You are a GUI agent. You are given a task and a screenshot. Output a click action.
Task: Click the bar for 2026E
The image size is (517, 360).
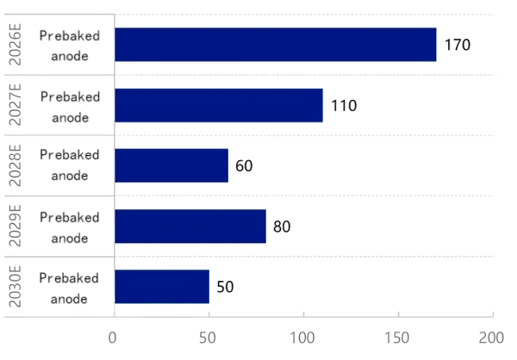(275, 45)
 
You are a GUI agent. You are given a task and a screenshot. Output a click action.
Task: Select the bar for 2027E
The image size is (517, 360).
(218, 105)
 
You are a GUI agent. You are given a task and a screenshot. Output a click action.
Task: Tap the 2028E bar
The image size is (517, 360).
(171, 165)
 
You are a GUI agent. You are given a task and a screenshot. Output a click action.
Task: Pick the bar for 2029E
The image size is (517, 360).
(190, 226)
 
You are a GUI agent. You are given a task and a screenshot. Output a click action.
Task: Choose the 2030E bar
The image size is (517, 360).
(161, 286)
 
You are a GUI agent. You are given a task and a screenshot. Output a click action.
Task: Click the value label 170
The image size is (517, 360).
(457, 45)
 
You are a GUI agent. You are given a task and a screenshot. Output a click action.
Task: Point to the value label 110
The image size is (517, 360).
(343, 106)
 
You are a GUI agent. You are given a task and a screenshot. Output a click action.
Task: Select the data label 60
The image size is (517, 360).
(243, 166)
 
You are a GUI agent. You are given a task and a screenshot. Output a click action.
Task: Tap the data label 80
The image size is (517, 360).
(281, 227)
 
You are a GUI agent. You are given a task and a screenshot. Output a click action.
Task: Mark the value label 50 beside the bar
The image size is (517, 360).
(225, 287)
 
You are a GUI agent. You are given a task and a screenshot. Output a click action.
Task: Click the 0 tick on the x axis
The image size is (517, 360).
(113, 337)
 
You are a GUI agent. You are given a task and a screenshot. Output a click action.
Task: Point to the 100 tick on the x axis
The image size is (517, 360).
(303, 337)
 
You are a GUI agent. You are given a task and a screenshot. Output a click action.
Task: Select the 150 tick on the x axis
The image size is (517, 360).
(398, 337)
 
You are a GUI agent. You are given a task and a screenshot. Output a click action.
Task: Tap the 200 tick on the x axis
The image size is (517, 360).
(493, 337)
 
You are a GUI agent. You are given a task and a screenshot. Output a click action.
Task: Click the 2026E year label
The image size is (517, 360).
(15, 45)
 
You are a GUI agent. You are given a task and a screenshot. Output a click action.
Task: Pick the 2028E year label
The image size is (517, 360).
(15, 165)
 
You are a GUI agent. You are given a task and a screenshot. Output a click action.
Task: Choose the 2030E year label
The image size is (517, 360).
(15, 286)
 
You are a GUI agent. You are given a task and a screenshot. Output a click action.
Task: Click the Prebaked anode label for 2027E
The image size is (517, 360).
(70, 105)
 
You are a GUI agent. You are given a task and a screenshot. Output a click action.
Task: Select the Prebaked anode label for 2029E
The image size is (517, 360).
(70, 226)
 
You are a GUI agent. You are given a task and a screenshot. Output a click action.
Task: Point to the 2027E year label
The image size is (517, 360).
(15, 105)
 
